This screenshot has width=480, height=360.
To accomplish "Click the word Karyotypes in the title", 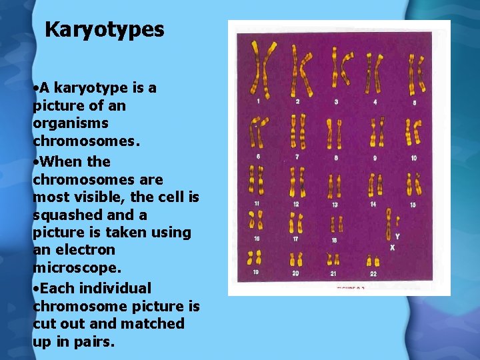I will coord(104,29).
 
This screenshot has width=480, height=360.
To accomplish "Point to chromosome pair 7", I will coord(298,131).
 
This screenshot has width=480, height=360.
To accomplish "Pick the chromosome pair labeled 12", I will coord(297,182).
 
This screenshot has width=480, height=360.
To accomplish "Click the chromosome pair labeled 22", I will coord(373,259).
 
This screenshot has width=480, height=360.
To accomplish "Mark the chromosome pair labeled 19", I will coord(255,258).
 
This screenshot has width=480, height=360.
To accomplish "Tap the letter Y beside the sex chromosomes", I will coord(397,237).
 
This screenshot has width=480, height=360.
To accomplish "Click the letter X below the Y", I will coord(393,247).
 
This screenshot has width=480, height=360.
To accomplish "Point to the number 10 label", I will coord(413,158).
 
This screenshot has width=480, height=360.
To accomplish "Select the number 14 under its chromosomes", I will coord(373,204).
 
